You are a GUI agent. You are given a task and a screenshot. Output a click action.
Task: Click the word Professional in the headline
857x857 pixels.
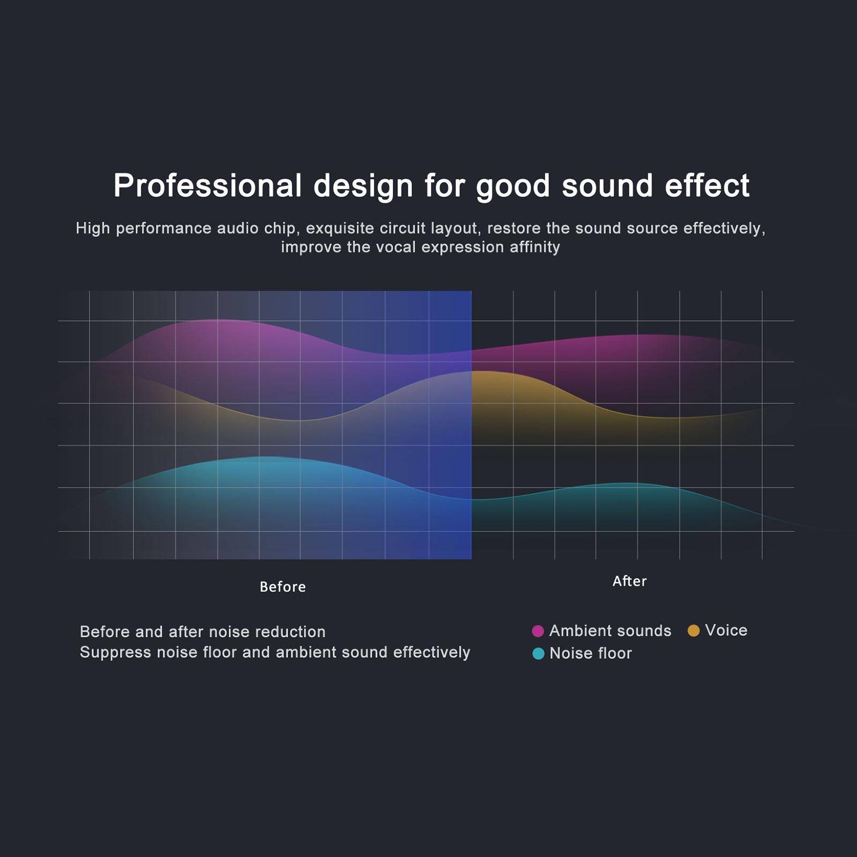(207, 186)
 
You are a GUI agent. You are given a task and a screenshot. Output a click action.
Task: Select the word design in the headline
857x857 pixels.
(363, 186)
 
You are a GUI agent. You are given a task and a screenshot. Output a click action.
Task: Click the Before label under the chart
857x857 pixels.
(283, 587)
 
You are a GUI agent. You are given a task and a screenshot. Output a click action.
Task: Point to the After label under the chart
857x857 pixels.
(629, 581)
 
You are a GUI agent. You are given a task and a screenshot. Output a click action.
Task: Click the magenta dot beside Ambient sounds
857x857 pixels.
(538, 631)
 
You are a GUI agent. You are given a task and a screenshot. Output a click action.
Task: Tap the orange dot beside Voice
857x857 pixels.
(694, 630)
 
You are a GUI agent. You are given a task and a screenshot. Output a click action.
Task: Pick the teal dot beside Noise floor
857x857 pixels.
(538, 653)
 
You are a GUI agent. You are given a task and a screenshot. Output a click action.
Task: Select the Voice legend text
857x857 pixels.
(726, 630)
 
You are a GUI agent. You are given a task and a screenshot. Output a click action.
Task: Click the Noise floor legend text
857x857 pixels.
(591, 653)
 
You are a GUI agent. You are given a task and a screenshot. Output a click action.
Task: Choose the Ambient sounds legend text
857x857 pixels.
(610, 631)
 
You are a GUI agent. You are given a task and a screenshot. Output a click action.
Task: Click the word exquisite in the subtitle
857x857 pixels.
(340, 229)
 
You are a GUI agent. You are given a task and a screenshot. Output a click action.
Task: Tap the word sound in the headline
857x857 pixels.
(607, 186)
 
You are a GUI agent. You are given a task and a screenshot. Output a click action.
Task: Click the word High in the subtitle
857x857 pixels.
(93, 229)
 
